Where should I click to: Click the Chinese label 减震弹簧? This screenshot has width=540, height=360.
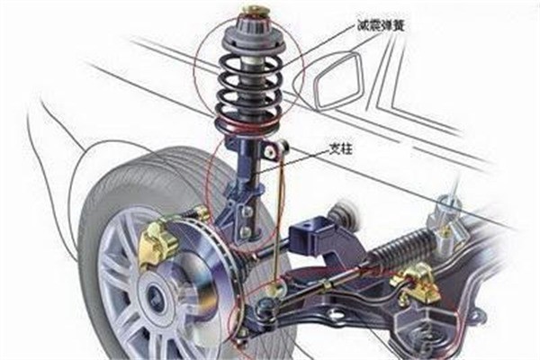click(x=380, y=26)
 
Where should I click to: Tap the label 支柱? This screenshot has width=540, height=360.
click(x=340, y=148)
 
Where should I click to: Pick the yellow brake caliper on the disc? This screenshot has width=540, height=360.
click(x=157, y=242)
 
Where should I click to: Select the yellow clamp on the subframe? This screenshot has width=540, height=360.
click(x=415, y=283)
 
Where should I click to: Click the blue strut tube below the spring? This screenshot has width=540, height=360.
click(x=247, y=162)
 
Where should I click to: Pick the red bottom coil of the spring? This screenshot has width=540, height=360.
click(x=248, y=123)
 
